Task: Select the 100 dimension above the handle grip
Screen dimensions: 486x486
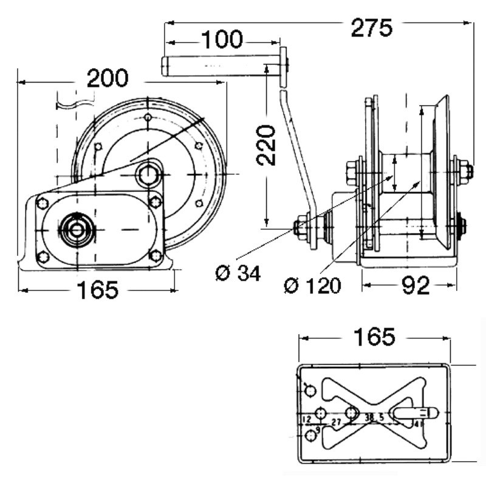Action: pos(222,39)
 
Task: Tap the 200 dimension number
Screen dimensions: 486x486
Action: pos(108,78)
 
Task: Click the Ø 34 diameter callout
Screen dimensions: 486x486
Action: pos(238,273)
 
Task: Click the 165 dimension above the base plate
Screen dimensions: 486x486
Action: pos(375,336)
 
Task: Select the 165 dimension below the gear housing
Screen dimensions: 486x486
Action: pos(98,290)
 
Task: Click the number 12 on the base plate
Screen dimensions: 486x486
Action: pos(306,420)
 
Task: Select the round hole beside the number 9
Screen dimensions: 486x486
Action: pos(312,434)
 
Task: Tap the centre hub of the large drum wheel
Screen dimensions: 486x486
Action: pos(148,174)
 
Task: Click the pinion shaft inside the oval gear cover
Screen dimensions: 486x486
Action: pos(77,229)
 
